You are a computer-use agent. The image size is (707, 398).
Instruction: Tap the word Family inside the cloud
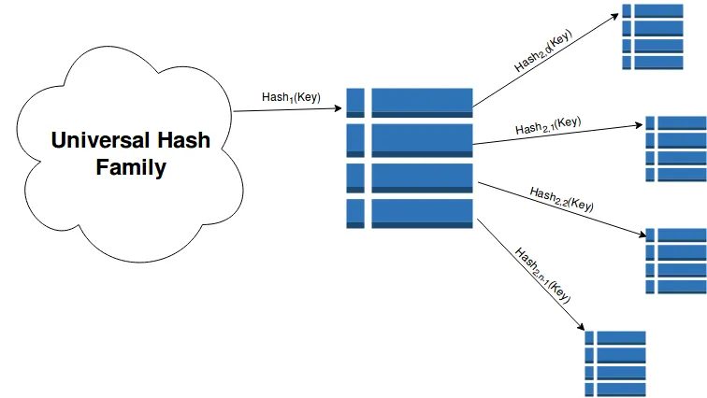135,168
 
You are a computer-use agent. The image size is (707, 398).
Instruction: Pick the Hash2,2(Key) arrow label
561,197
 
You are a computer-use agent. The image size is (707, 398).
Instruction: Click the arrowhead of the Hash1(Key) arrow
339,109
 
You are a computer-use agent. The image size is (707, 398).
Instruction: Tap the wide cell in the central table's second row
421,139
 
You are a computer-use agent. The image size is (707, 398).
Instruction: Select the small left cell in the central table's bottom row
355,213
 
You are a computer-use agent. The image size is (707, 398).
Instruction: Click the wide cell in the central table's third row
421,177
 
